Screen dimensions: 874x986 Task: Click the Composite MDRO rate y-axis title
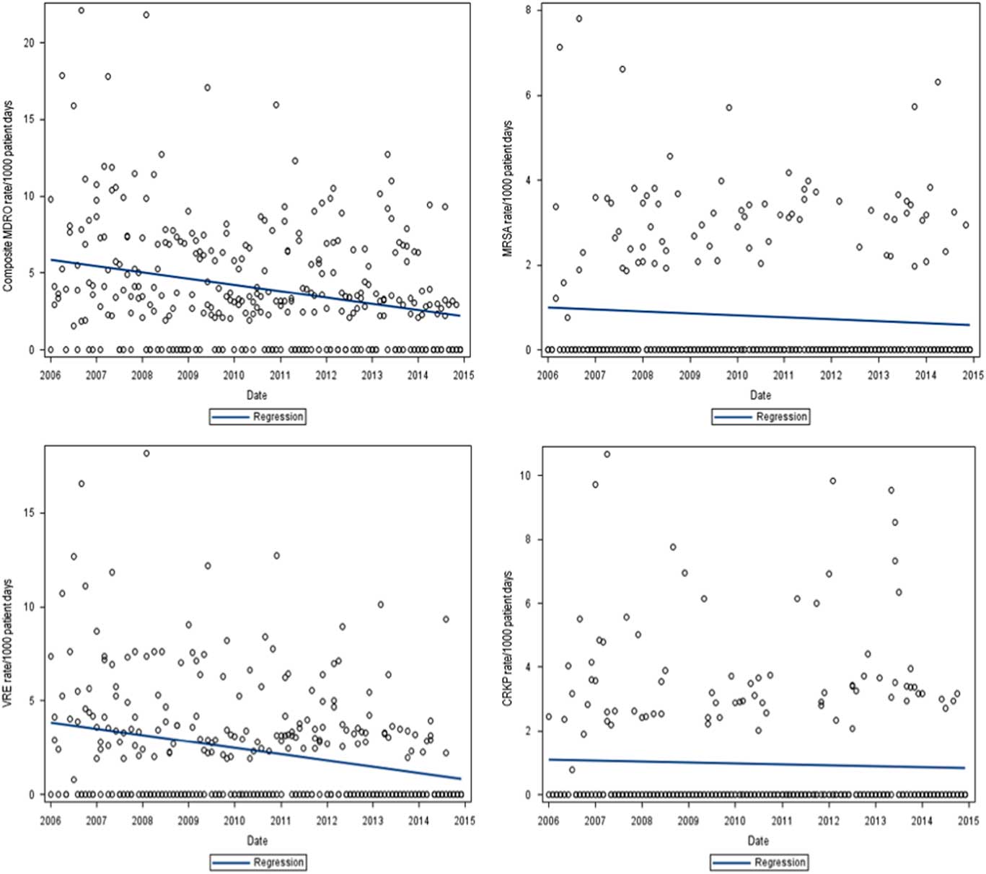click(x=8, y=196)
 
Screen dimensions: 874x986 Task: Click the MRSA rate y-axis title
click(x=508, y=189)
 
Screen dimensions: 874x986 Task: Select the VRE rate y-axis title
click(x=8, y=643)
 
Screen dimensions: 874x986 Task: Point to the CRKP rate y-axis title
click(x=508, y=638)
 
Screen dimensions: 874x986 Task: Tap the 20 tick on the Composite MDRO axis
click(x=29, y=43)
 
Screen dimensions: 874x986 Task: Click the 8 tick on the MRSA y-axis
click(x=529, y=10)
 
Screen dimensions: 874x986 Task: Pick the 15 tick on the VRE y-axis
click(x=29, y=513)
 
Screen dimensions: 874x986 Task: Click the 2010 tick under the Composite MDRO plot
click(x=234, y=375)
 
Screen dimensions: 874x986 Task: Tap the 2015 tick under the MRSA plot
click(x=973, y=375)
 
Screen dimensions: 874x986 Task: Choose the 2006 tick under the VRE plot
click(x=50, y=821)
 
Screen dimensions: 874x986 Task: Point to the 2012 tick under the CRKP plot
click(x=828, y=821)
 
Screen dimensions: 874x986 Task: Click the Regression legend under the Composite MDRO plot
click(x=258, y=417)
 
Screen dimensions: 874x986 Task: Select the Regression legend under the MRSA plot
click(x=760, y=417)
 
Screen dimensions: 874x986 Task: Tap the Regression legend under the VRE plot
click(x=258, y=862)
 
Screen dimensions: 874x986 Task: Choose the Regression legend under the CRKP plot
click(x=759, y=862)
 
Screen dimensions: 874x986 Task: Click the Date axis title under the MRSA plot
click(x=760, y=395)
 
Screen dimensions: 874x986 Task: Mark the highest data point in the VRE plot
click(x=146, y=454)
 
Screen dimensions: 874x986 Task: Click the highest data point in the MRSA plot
click(x=578, y=19)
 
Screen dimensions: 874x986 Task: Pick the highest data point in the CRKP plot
click(x=607, y=454)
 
